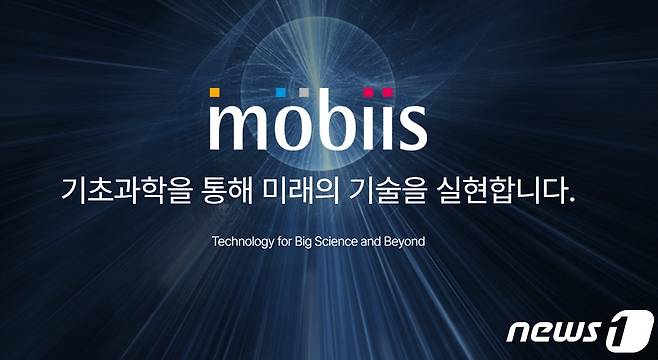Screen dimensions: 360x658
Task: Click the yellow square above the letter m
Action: click(215, 93)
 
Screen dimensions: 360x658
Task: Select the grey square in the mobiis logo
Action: click(304, 93)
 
